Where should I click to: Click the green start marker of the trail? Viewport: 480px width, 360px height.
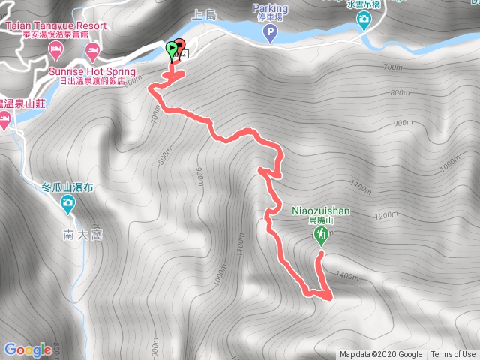pos(172,49)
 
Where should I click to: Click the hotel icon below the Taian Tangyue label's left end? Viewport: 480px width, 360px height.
pos(55,49)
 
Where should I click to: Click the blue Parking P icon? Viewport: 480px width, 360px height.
pos(271,33)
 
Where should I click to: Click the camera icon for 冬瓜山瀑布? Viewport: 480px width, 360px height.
pos(67,202)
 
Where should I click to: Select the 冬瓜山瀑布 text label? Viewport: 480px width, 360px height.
pos(67,188)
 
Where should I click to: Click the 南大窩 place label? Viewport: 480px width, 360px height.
pos(82,234)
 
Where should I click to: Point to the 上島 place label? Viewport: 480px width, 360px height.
pos(204,13)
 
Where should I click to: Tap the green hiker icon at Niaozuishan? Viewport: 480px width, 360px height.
pos(321,236)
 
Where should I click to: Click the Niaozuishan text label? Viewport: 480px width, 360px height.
pos(320,211)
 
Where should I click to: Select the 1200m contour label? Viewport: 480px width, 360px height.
pos(387,216)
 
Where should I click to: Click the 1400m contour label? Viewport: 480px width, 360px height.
pos(349,276)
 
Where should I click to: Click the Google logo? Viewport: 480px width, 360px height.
pos(28,349)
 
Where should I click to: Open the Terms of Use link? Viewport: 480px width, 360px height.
pos(453,355)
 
